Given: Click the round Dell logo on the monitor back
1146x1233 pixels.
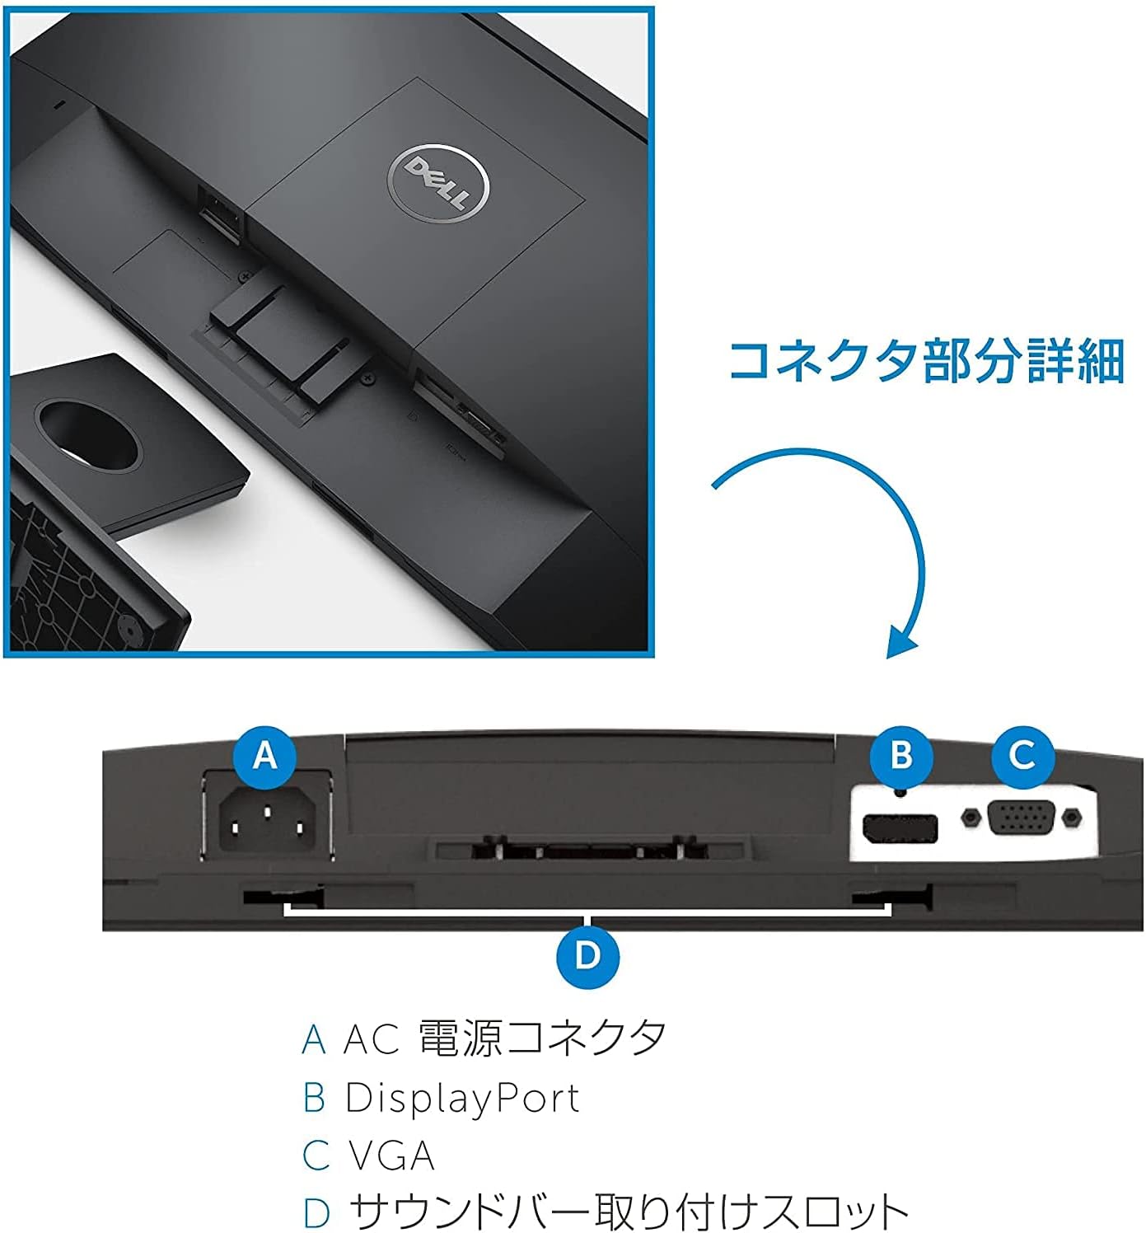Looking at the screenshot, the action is (x=438, y=185).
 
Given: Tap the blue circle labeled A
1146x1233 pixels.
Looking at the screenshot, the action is (x=265, y=757).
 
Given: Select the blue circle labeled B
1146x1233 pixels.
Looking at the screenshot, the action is (x=901, y=757).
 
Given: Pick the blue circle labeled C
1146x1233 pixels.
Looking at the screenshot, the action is (x=1022, y=757).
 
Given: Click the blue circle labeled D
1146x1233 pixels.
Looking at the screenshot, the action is (x=587, y=957).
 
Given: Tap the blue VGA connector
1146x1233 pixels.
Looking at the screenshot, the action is (x=1022, y=818).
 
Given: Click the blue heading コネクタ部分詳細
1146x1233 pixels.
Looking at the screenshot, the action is (x=926, y=361).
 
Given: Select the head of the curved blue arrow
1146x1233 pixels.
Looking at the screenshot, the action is (x=900, y=641).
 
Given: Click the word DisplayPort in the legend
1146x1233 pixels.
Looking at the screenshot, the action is (x=462, y=1099).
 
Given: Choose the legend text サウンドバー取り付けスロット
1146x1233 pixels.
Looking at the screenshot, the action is (x=629, y=1212).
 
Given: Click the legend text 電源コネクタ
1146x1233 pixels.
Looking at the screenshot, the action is (x=542, y=1038).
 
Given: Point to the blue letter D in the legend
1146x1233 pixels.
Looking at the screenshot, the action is (x=316, y=1212).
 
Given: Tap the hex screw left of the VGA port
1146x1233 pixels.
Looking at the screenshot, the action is (x=971, y=817).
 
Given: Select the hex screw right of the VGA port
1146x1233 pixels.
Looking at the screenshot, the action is (x=1072, y=817).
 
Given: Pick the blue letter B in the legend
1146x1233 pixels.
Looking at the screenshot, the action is (x=314, y=1098).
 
